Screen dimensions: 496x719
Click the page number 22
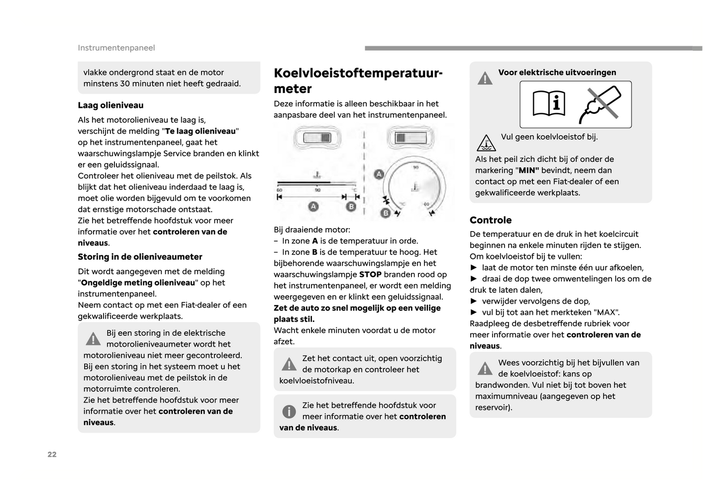tap(52, 454)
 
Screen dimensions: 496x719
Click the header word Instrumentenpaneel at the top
tap(116, 48)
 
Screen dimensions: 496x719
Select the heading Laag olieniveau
tap(110, 105)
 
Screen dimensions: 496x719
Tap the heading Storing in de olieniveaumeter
tap(140, 257)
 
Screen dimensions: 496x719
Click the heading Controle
tap(491, 220)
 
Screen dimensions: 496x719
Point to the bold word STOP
tap(370, 274)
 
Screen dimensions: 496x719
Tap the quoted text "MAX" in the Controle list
tap(605, 312)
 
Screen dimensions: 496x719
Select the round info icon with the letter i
tap(289, 412)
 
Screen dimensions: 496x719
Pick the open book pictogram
tap(549, 104)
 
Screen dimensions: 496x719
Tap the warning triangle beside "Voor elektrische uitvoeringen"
tap(485, 79)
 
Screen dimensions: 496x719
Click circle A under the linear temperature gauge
tap(313, 206)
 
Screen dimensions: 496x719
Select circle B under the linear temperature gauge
tap(351, 206)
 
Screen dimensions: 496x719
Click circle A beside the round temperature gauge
tap(379, 174)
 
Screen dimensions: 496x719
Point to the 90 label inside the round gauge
tap(415, 167)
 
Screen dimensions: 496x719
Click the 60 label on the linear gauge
tap(279, 190)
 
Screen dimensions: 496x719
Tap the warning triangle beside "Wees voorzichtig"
tap(485, 369)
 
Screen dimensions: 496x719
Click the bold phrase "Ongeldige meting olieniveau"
tap(138, 283)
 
